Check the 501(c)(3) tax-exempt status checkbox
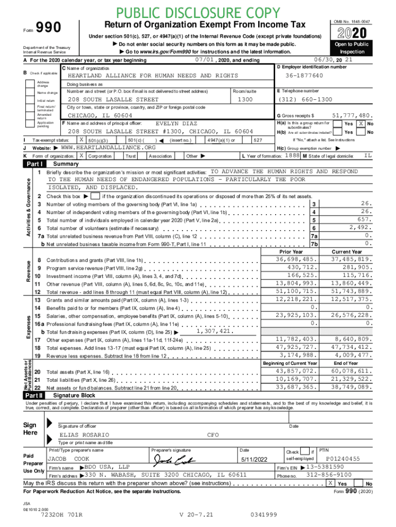coord(81,140)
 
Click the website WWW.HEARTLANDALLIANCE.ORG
coord(105,148)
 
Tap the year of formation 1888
coord(293,155)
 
